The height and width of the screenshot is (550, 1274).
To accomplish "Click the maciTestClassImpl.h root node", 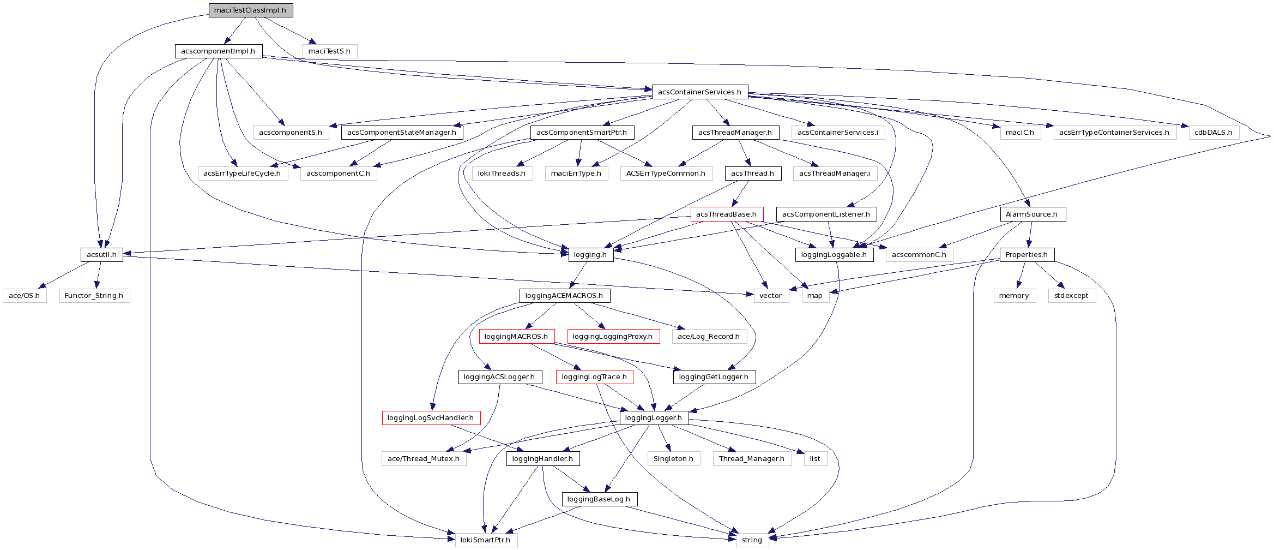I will tap(250, 10).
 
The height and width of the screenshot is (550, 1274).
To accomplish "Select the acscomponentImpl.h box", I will tap(218, 51).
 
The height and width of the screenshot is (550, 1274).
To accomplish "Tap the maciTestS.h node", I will tap(329, 51).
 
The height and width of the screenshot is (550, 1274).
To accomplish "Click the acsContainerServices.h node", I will tap(699, 92).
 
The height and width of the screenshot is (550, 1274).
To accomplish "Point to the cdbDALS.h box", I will tap(1213, 133).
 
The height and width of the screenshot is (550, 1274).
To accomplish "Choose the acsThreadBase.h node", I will tap(726, 214).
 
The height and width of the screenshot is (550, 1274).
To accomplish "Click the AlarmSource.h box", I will tap(1032, 214).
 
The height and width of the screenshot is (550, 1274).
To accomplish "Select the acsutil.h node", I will tap(101, 255).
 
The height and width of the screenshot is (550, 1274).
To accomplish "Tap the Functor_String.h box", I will tap(94, 296).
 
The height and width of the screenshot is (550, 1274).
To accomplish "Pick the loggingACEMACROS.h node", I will tap(564, 296).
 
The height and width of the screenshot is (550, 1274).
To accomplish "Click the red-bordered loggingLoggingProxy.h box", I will tap(613, 337).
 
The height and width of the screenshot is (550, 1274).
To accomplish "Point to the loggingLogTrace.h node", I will tap(594, 377).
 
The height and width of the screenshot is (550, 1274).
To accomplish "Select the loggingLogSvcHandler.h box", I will tap(431, 418).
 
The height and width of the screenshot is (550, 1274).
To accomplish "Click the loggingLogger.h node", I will tap(654, 418).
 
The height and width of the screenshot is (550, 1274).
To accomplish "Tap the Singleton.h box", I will tap(673, 459).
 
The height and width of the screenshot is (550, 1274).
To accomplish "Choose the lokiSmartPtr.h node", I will tap(485, 540).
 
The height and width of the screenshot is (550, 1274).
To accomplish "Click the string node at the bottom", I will tap(752, 540).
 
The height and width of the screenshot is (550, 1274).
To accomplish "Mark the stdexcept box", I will tap(1071, 296).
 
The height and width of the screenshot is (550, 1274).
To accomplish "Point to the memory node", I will tap(1014, 296).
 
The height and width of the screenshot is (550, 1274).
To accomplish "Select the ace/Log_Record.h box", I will tap(709, 337).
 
